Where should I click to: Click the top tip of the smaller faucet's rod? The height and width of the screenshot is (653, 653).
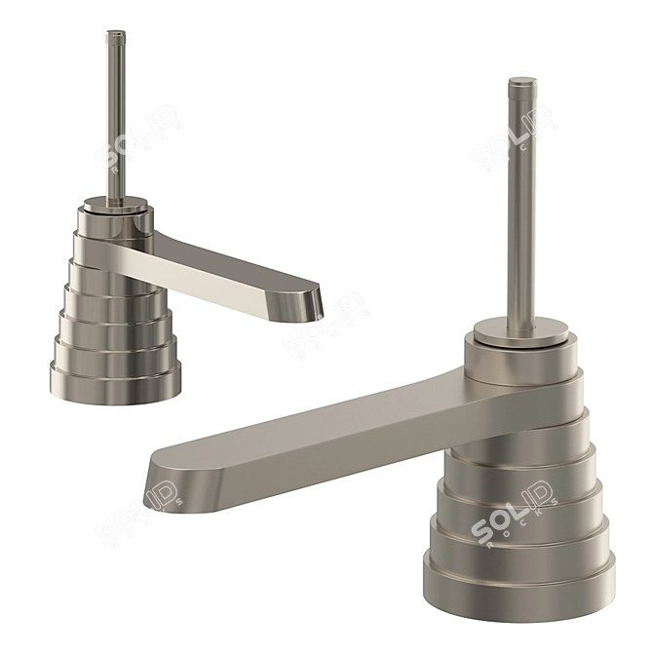[115, 36]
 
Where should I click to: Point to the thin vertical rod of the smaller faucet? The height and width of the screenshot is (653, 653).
[116, 117]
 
